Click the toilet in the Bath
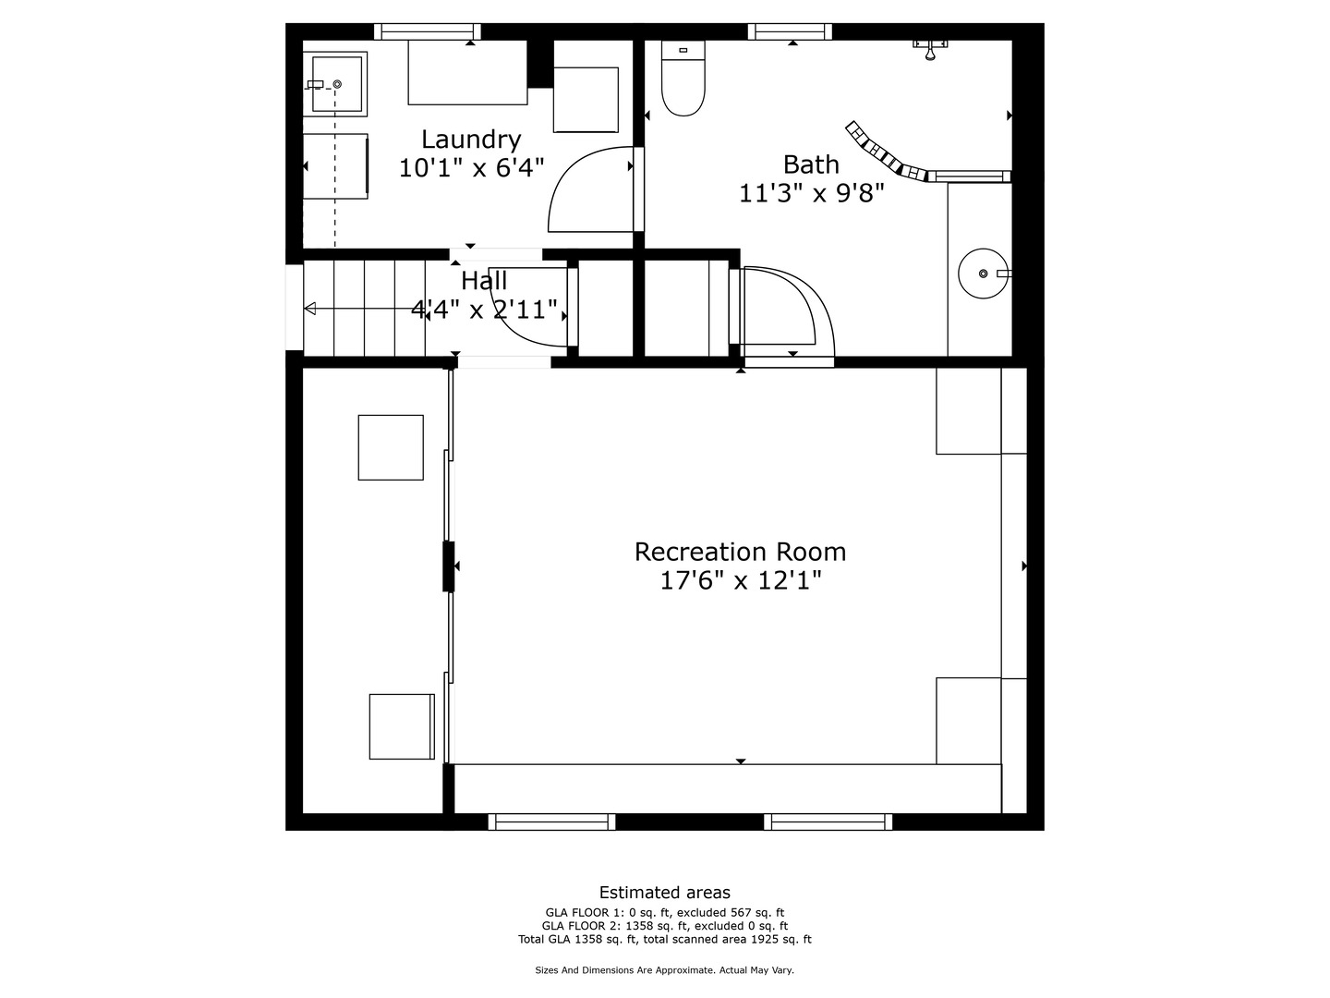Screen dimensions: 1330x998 (683, 79)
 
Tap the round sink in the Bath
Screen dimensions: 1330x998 (983, 274)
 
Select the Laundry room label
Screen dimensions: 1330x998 (471, 140)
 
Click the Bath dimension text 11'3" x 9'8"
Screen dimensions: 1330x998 (811, 193)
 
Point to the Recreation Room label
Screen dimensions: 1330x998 (740, 552)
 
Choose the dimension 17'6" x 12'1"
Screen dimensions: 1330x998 (740, 580)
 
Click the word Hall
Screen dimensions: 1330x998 (484, 281)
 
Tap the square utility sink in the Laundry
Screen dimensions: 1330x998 (336, 83)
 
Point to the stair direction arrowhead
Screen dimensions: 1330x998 (309, 309)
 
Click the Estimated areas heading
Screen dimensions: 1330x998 (665, 892)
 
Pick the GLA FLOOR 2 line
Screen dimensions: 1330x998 (665, 925)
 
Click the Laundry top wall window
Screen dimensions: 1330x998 (428, 31)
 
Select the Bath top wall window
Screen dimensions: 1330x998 (790, 31)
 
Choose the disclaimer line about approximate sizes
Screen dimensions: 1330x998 (664, 970)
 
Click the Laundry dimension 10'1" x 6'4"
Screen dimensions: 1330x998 (471, 168)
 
